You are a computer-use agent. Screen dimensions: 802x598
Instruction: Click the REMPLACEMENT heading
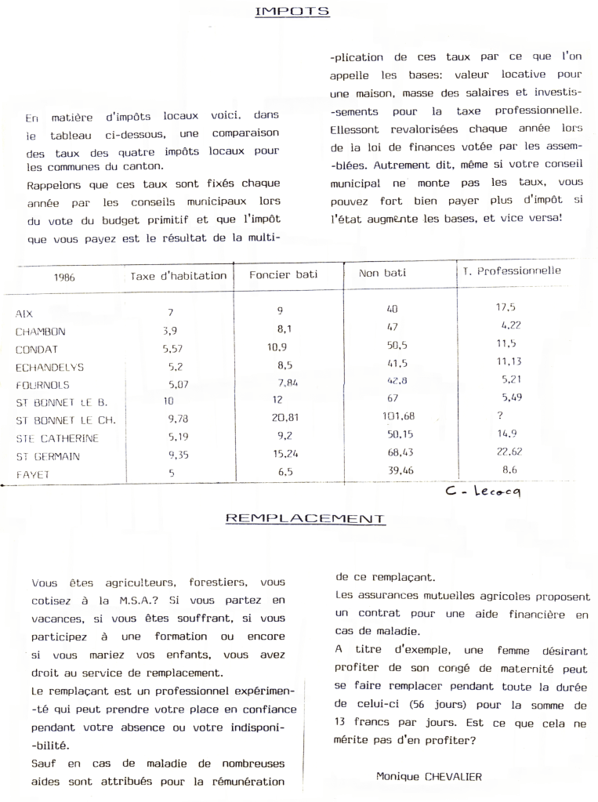305,518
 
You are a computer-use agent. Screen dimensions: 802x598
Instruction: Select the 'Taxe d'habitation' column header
179,276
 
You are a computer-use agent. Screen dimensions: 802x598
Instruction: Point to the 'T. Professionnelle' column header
508,271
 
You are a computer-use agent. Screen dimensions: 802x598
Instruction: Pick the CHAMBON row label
40,332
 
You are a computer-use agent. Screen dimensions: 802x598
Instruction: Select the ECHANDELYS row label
49,367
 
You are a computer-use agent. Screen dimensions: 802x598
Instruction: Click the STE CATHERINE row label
59,437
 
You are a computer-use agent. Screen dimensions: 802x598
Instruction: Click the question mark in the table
499,416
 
